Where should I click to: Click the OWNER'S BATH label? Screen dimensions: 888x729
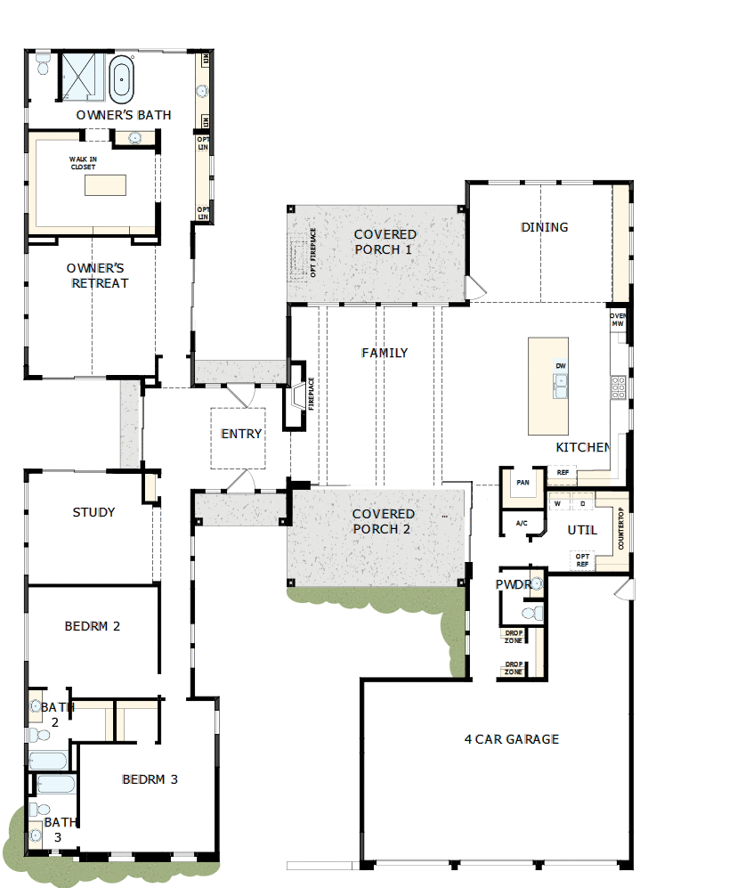point(124,115)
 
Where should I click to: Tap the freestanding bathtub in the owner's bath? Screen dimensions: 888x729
point(121,77)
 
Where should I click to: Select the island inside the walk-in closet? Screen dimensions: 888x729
point(105,185)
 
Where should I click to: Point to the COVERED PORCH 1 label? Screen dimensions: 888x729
point(384,242)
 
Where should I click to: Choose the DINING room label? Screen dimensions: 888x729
point(544,227)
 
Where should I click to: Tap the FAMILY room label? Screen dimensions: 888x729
point(385,353)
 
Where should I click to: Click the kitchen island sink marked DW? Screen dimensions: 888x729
point(561,383)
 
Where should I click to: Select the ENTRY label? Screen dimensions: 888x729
point(241,434)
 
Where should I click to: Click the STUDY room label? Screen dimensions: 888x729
point(93,512)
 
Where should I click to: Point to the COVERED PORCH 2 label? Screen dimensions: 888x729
point(383,521)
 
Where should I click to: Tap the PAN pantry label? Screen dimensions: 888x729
point(522,482)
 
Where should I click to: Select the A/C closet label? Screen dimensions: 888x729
point(522,523)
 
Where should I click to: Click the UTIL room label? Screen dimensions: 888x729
point(582,530)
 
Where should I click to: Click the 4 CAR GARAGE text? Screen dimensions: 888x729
point(512,738)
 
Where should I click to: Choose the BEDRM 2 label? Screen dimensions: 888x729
point(93,626)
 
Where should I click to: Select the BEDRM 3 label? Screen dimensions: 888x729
point(150,779)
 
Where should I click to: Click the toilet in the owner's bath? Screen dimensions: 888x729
point(43,65)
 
